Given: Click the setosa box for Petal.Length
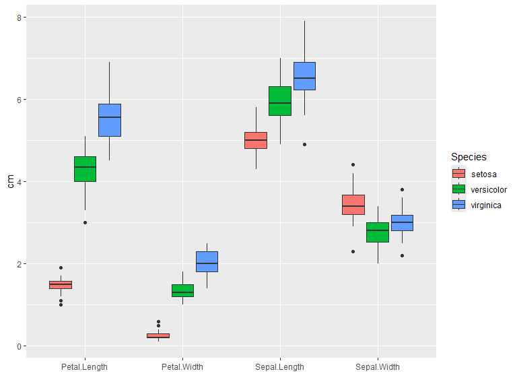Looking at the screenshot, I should (61, 284).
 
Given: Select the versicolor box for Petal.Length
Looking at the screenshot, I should (85, 169).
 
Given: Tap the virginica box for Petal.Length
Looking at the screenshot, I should (110, 120).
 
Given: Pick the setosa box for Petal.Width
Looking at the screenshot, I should (158, 335).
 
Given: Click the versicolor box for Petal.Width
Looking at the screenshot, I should (182, 290).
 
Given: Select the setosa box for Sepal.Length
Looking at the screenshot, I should (256, 140).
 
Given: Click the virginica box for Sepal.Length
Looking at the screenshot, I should (304, 75).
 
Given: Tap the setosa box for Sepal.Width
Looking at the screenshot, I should (353, 204).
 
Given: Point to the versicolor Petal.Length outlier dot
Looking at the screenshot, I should (85, 222).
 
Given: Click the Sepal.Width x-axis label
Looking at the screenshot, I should (378, 367).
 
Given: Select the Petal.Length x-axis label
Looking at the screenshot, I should (85, 367).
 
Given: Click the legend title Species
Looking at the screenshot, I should (469, 157).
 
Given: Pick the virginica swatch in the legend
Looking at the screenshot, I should (458, 205).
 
